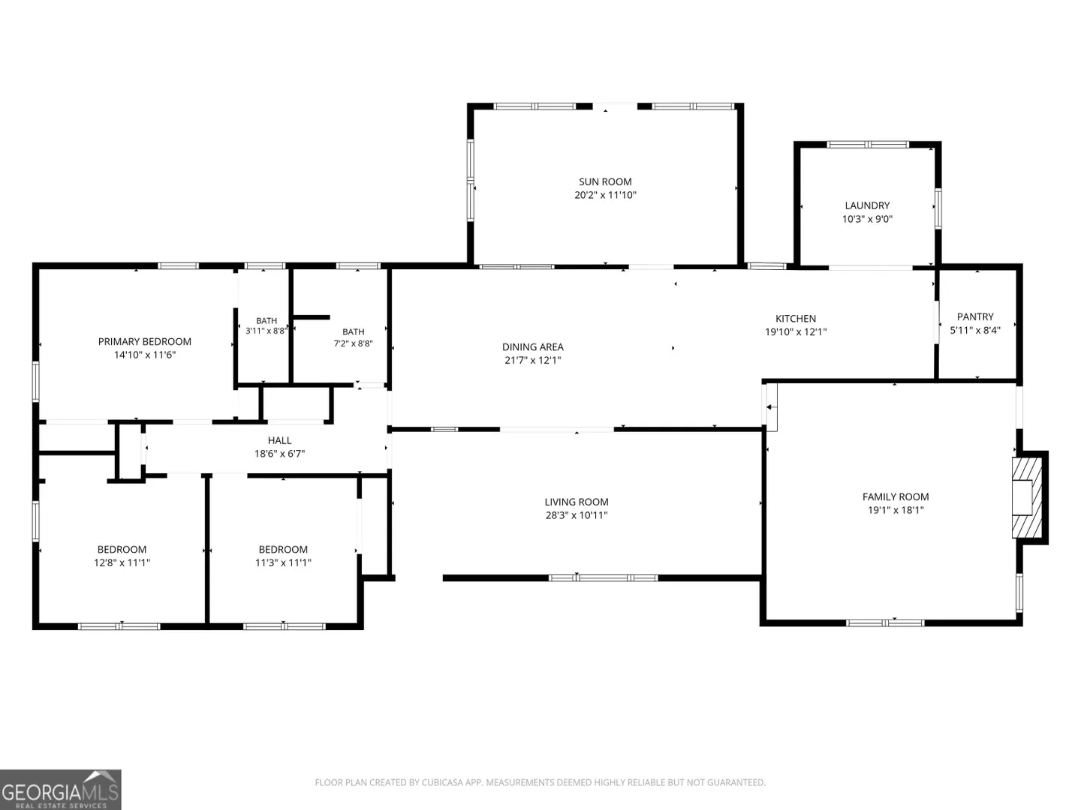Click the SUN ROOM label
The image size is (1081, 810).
point(605,181)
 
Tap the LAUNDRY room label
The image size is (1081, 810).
point(867,205)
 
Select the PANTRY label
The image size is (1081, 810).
point(974,316)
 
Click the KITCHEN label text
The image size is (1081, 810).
point(795,319)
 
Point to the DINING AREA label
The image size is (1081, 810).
point(532,346)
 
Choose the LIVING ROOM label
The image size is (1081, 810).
point(577,502)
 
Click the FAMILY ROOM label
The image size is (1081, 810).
point(896,496)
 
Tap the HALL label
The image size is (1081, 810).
point(279,440)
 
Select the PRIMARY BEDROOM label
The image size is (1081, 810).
point(144,341)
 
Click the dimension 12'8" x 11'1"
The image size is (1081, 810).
point(122,562)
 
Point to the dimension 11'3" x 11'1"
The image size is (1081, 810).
point(283,562)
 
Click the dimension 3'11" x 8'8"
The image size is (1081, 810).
point(266,331)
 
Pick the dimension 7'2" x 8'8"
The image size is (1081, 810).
point(353,343)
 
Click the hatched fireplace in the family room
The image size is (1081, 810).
point(1027,497)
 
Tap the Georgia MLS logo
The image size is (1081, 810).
point(60,789)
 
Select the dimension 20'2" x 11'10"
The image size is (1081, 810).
point(605,195)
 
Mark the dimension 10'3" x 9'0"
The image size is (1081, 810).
point(867,219)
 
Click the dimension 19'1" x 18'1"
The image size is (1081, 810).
point(896,510)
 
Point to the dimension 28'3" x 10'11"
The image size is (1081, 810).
point(577,515)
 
